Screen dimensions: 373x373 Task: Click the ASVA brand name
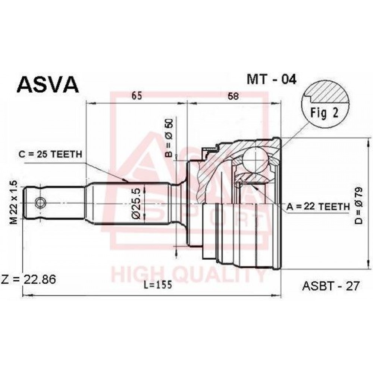point(48,84)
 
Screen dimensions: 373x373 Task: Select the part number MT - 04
point(271,79)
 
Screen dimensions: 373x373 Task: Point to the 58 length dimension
point(233,96)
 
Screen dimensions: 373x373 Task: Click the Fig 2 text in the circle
point(324,113)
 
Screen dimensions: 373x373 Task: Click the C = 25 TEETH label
point(50,154)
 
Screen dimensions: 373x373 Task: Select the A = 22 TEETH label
point(318,207)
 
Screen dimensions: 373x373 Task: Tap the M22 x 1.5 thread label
point(14,203)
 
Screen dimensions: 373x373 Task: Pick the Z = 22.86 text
point(29,279)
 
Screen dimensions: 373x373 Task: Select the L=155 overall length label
point(158,285)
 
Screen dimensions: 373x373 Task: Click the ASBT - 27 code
point(330,286)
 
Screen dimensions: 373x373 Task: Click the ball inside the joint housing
point(256,159)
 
